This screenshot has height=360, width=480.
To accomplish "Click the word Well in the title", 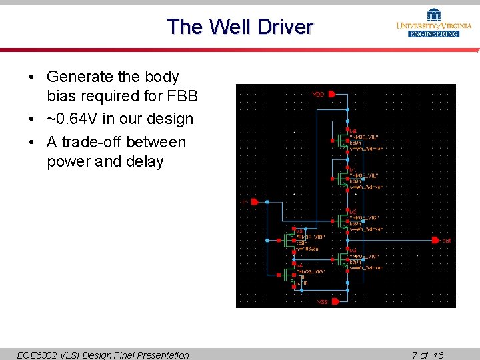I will [x=228, y=27].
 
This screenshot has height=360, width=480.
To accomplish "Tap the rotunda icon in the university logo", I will [x=434, y=14].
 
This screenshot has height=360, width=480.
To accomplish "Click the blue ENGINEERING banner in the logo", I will [x=434, y=33].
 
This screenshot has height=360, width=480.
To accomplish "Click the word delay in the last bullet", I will [x=144, y=162].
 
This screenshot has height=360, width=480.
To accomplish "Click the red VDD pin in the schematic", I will [x=332, y=94].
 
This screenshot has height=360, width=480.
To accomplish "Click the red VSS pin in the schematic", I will [x=335, y=301].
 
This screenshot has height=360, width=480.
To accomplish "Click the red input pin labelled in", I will [x=253, y=201].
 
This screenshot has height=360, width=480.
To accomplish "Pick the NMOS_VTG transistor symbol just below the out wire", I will [x=341, y=257].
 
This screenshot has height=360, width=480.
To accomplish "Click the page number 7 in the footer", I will [x=415, y=355].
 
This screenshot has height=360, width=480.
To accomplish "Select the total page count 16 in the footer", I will [x=438, y=355].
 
